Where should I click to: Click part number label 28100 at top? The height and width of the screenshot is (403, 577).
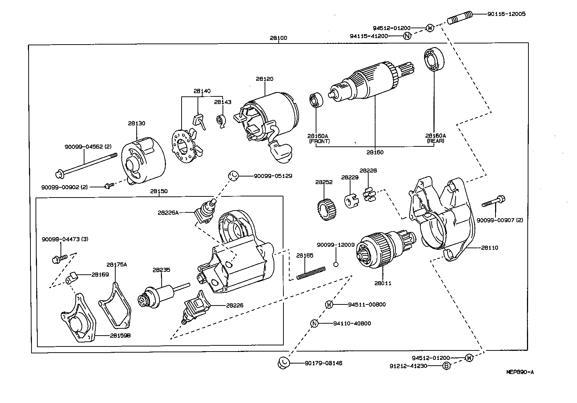coord(278,38)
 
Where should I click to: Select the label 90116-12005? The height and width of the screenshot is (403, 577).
coord(506,14)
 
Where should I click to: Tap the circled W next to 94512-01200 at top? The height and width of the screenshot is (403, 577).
coord(429,28)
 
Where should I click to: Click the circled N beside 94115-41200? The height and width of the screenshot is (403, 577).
coord(407,36)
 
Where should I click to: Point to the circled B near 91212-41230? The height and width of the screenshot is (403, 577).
coord(447,366)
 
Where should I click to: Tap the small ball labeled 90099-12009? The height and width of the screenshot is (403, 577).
coord(336,264)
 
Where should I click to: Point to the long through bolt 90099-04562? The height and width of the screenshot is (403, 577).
coord(86,166)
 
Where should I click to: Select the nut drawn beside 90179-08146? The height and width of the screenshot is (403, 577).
coord(284,363)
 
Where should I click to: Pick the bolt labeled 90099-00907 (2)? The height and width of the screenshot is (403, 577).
coord(494,201)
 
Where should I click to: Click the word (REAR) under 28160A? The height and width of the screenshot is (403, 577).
coord(435,141)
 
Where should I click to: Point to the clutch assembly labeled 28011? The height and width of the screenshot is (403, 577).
coord(379,250)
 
